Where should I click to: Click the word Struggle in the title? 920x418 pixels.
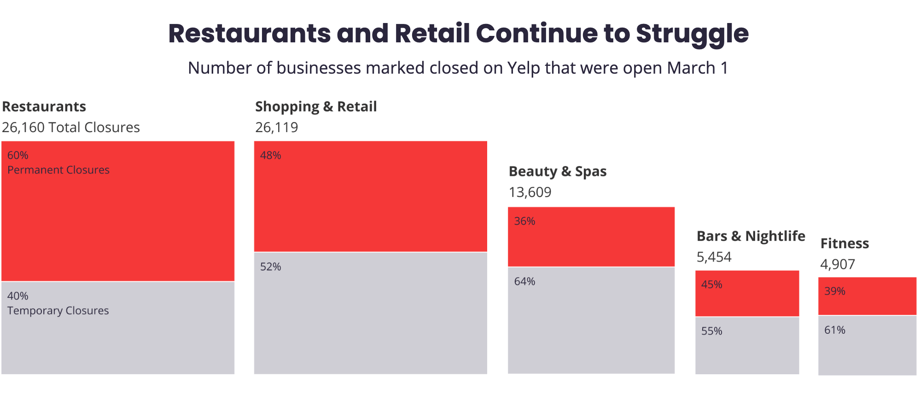click(692, 34)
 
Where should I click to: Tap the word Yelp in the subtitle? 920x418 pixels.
click(524, 68)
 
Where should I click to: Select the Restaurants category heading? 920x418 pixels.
click(44, 106)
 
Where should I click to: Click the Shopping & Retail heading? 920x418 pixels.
click(316, 106)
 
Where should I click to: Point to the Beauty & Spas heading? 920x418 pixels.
click(557, 171)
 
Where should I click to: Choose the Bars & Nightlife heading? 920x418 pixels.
click(751, 236)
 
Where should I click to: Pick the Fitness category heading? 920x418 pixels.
click(844, 243)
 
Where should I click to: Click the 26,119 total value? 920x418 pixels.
click(277, 127)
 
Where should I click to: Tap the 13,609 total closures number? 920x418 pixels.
click(530, 192)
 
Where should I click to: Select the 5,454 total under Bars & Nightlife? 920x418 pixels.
click(714, 257)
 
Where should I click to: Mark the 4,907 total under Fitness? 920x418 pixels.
click(838, 264)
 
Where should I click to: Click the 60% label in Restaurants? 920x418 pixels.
click(18, 155)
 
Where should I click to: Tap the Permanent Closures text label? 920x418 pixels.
click(58, 170)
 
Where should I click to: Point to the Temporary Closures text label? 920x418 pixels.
click(58, 311)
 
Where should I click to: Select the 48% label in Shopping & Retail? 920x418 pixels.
click(270, 155)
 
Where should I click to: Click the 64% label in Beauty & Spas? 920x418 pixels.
click(524, 281)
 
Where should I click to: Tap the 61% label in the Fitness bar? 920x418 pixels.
click(834, 330)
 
